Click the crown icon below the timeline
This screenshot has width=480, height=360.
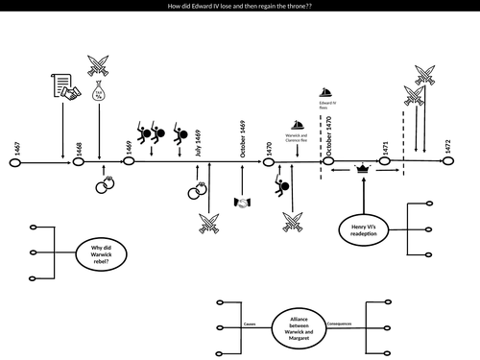(x=362, y=169)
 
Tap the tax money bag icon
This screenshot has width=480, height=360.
(x=98, y=93)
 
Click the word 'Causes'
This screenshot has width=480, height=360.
(x=252, y=324)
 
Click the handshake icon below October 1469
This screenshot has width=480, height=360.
(x=244, y=203)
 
